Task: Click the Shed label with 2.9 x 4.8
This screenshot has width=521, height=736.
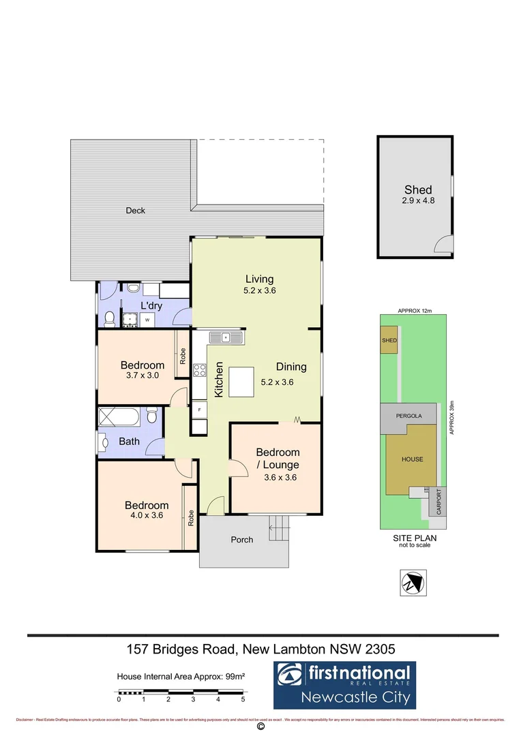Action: tap(417, 195)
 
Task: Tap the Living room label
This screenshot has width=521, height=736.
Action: tap(260, 283)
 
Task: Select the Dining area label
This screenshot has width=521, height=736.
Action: tap(291, 367)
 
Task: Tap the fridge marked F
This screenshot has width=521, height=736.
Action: tap(199, 410)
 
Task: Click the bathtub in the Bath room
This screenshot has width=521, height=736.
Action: tap(119, 416)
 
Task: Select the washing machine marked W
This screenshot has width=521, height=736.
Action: tap(147, 319)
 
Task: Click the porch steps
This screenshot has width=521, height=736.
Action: tap(278, 525)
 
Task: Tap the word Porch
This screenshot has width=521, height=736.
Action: tap(241, 540)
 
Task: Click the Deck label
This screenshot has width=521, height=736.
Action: tap(135, 211)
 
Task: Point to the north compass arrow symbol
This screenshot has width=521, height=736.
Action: tap(412, 583)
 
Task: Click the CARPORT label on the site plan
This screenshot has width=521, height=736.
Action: tap(439, 502)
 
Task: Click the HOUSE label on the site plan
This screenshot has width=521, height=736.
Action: tap(412, 459)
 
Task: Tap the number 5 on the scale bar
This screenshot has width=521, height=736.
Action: tap(243, 699)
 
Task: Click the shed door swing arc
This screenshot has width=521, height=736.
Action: tap(443, 244)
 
